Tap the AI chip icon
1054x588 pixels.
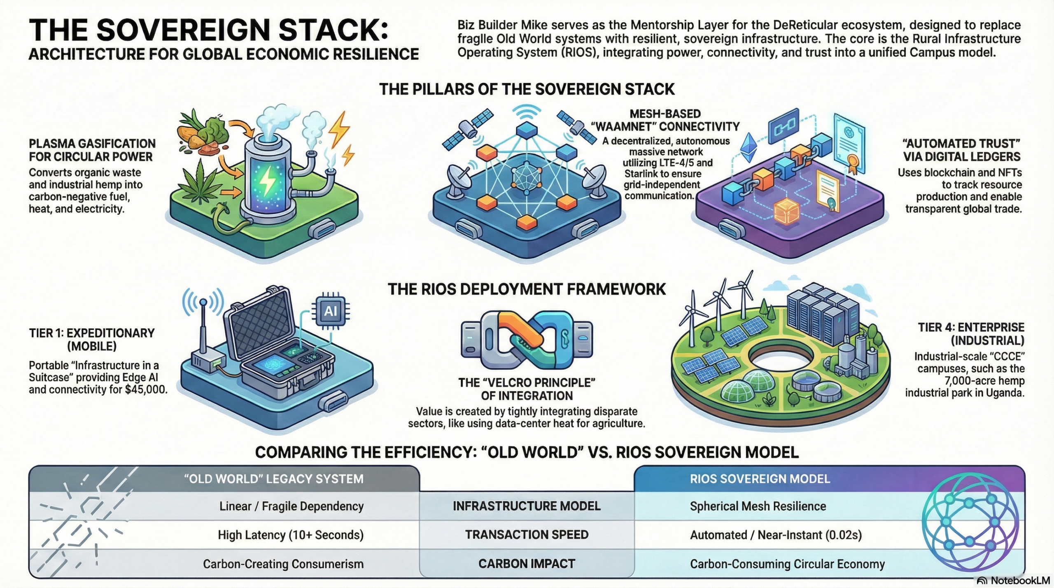(x=331, y=311)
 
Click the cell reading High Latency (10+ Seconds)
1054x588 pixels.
(x=291, y=535)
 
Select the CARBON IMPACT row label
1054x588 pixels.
(x=527, y=564)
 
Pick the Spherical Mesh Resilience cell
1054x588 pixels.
(x=758, y=506)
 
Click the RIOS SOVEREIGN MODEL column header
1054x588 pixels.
(x=760, y=479)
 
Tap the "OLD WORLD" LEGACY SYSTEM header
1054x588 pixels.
(x=274, y=479)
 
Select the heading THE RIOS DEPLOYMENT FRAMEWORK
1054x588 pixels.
(x=527, y=289)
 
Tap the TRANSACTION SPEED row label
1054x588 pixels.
(x=527, y=535)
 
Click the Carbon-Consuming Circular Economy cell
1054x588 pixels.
(x=787, y=564)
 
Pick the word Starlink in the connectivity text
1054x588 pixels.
(x=642, y=174)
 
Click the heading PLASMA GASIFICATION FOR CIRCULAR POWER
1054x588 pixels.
(x=92, y=150)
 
